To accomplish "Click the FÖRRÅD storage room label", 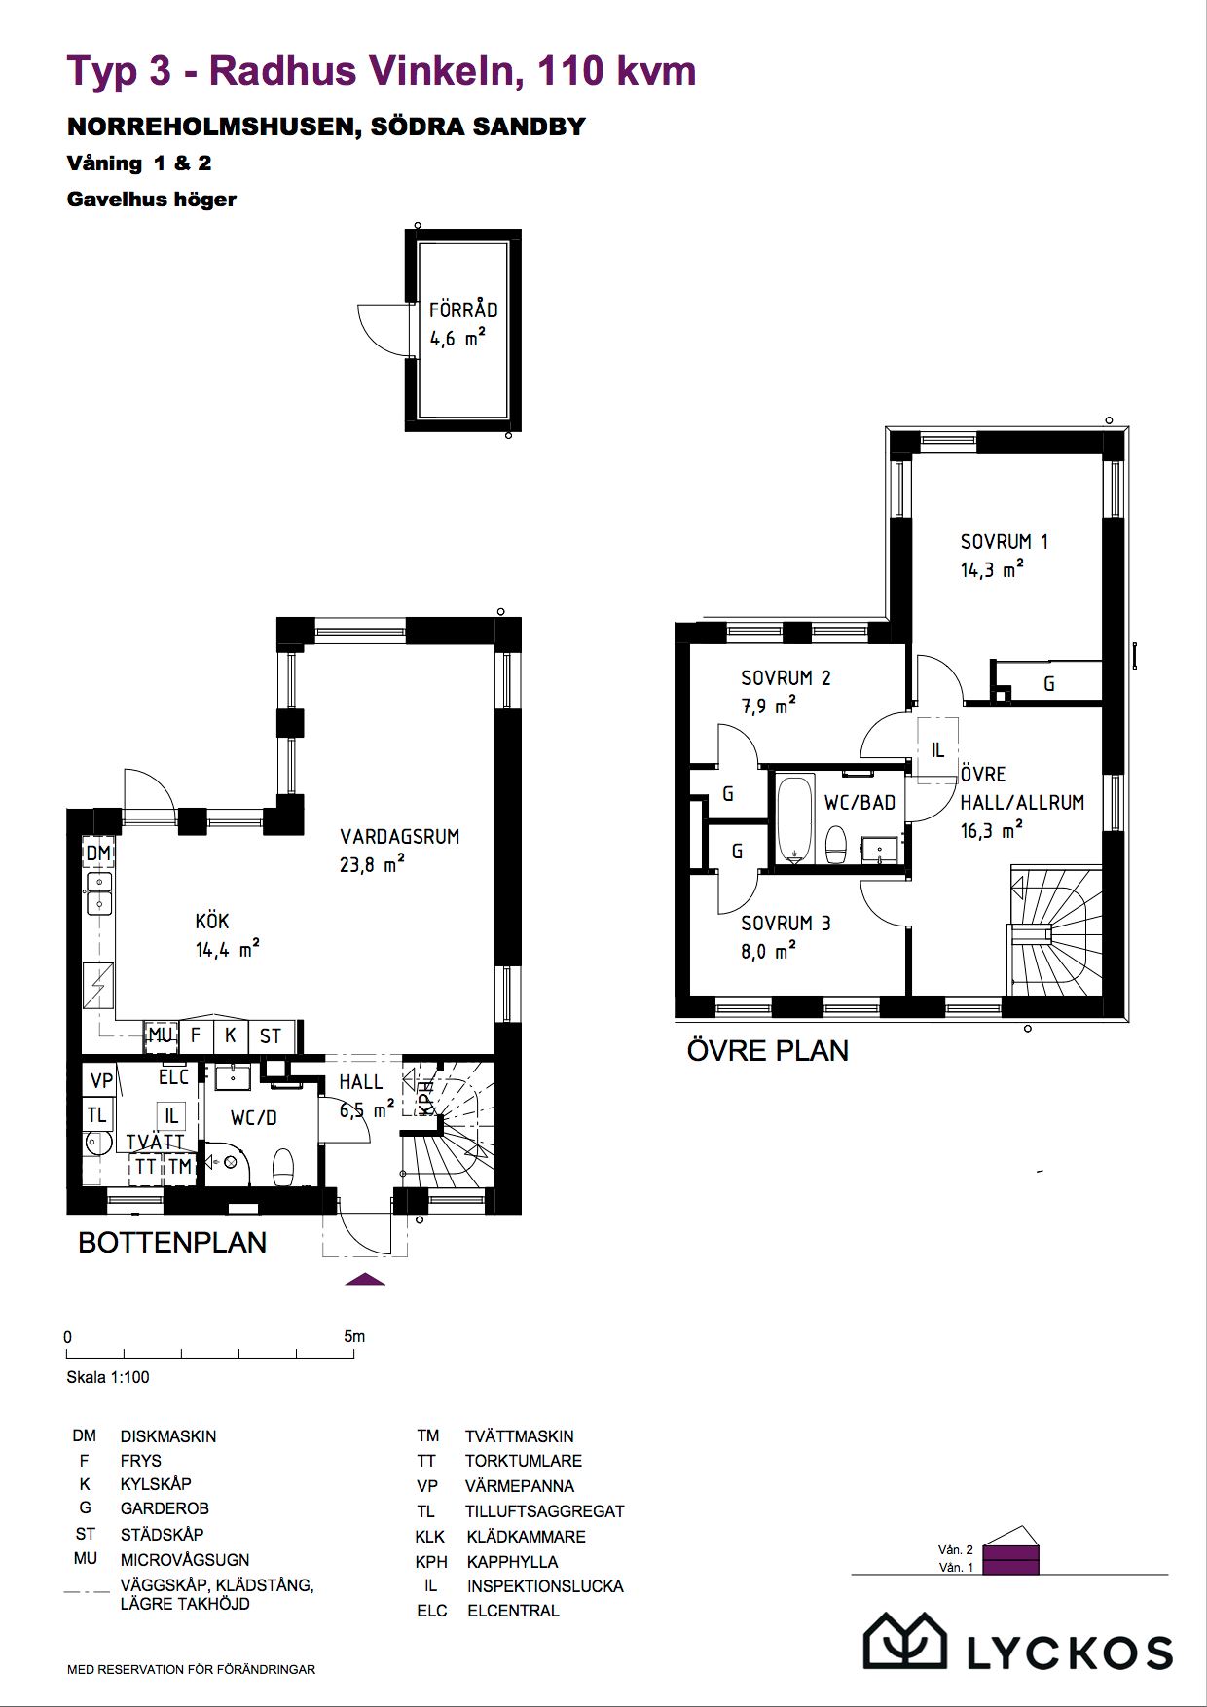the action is click(463, 309).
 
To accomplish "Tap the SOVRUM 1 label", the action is click(1004, 542).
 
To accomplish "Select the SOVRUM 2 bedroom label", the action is click(786, 678).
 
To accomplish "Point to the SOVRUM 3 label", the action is click(786, 924).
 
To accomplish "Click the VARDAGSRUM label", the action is click(399, 836).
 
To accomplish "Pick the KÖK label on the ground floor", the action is click(212, 921).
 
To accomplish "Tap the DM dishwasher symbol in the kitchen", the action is click(98, 853).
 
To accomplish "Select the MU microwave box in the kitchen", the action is click(161, 1035).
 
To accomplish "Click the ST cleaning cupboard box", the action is click(271, 1035).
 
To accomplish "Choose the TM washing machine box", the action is click(180, 1166).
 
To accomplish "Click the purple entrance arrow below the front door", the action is click(365, 1279).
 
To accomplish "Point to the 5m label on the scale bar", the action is click(354, 1336).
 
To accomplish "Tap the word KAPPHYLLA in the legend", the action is click(513, 1562).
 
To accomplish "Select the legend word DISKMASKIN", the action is click(168, 1436).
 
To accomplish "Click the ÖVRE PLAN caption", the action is click(768, 1051).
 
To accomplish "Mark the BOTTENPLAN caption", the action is click(172, 1243).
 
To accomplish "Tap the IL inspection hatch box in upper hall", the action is click(937, 750).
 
